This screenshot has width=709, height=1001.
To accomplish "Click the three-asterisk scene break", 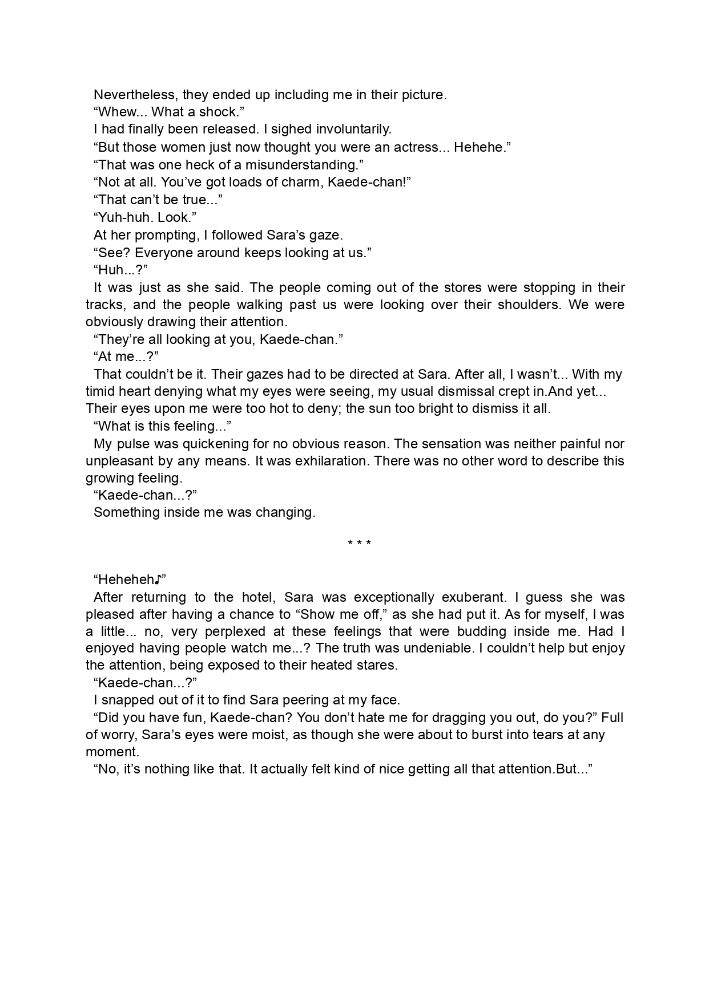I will click(x=360, y=544).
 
